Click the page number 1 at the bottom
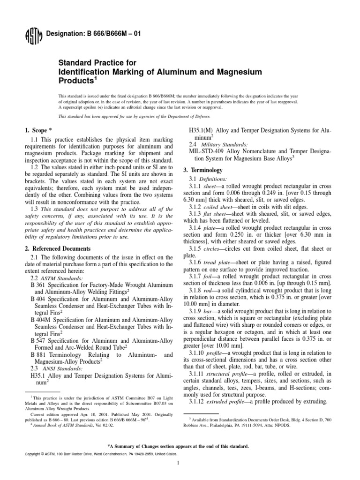[180, 464]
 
